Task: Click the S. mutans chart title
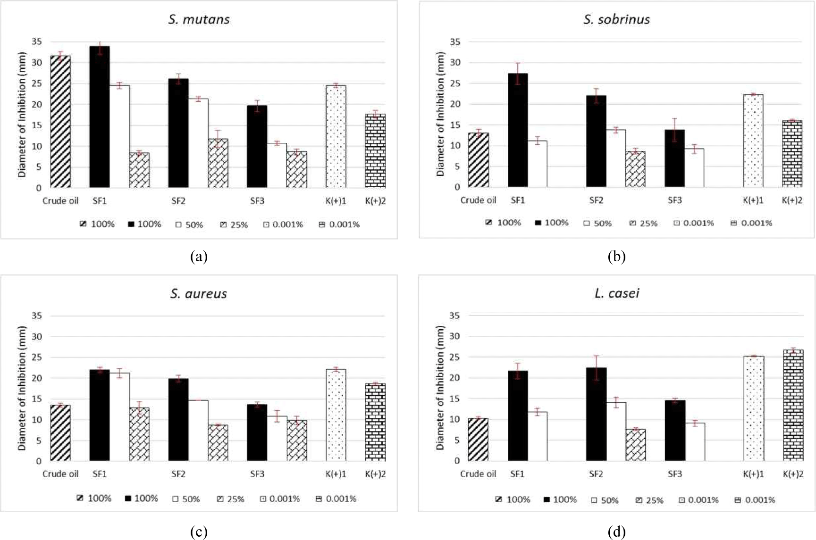click(199, 19)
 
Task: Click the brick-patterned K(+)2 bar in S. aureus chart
click(375, 422)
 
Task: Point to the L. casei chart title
click(617, 293)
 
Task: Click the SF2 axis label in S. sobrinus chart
click(596, 200)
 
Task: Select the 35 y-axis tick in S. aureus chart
click(36, 316)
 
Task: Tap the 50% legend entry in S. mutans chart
click(189, 225)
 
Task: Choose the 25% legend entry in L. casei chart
click(649, 500)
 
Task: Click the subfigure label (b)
click(617, 257)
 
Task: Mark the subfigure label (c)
click(199, 532)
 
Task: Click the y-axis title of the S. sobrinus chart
click(440, 114)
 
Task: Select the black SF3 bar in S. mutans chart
click(257, 147)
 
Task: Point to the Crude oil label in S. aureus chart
click(60, 474)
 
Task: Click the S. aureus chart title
click(199, 294)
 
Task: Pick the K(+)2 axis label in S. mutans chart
click(375, 201)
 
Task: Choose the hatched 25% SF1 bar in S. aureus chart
click(139, 434)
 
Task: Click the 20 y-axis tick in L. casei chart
click(454, 378)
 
